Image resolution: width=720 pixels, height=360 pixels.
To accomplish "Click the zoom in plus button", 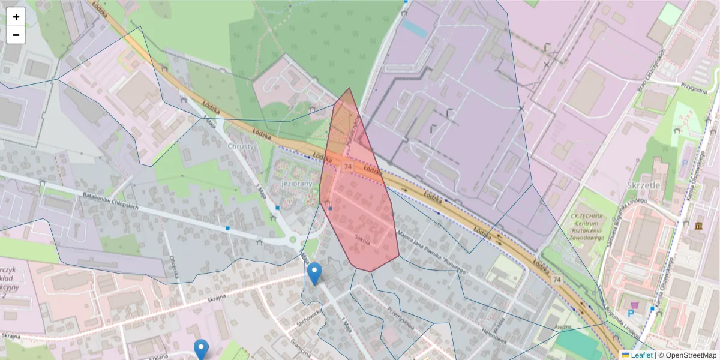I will coord(16,17).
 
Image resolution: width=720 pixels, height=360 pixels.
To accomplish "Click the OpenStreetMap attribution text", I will coord(688,355).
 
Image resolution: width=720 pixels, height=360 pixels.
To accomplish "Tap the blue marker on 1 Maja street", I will coord(314,274).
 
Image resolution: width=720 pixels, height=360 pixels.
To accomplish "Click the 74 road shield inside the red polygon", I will coord(347,165).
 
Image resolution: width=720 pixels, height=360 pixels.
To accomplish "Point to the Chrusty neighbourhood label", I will coord(241,146).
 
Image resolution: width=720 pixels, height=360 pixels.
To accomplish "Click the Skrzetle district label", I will coord(643,185).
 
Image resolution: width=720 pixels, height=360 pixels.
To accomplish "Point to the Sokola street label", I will coord(363,236).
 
